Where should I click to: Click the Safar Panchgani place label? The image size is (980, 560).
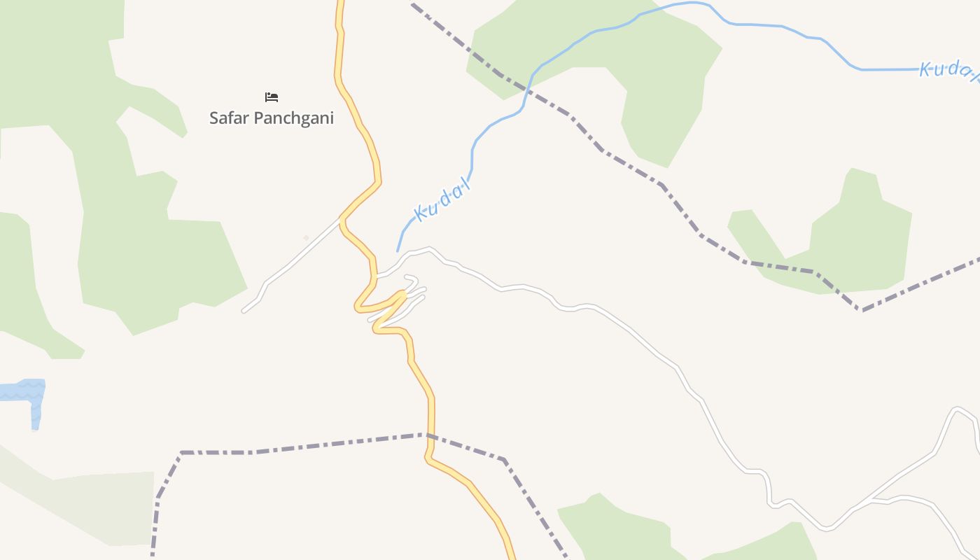pos(272,118)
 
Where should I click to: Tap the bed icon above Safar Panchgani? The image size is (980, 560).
pos(272,97)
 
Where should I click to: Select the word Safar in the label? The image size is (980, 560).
pos(230,118)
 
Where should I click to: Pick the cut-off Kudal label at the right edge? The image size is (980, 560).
pos(948,69)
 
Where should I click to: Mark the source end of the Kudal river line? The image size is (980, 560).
pos(398,251)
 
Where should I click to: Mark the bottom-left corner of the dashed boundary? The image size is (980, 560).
pos(181,453)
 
